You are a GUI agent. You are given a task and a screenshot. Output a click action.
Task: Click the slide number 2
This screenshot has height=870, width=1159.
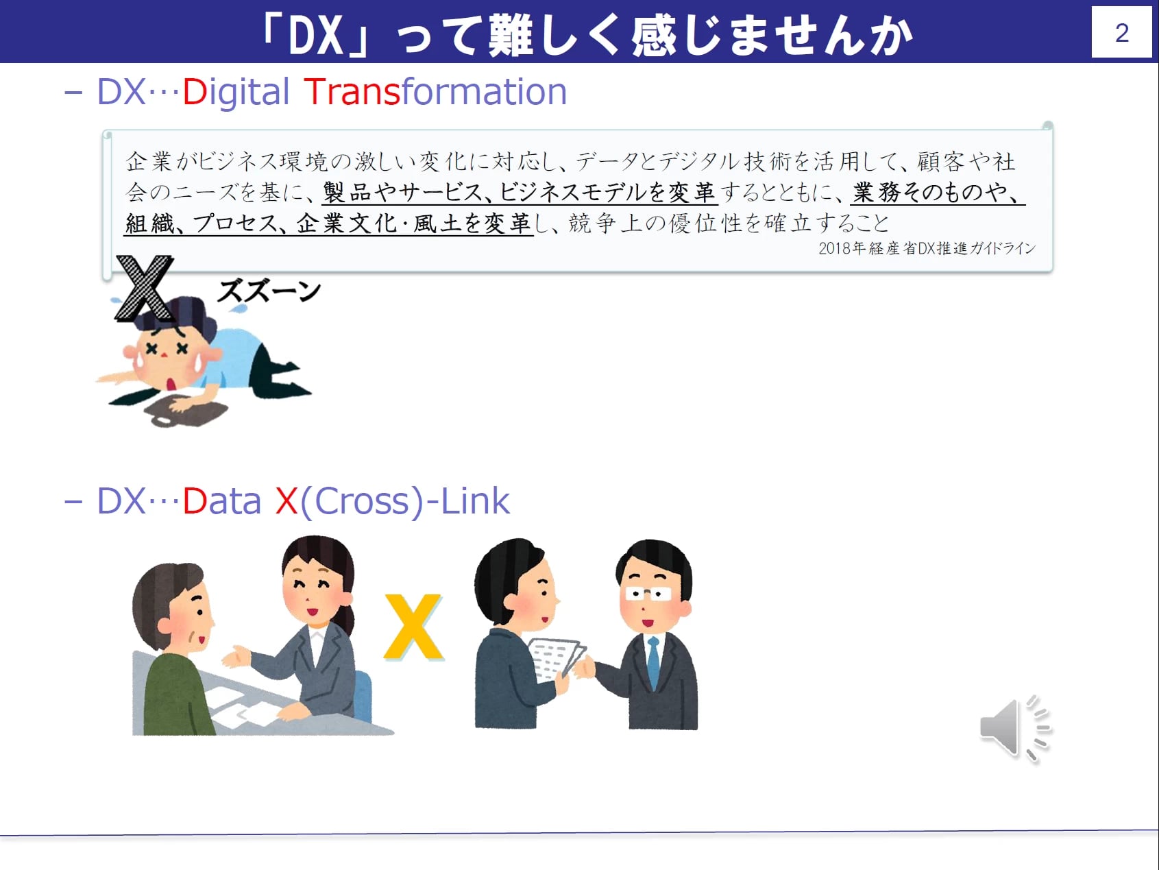[x=1121, y=33]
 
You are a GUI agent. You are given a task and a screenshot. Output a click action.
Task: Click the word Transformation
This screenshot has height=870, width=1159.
[x=435, y=92]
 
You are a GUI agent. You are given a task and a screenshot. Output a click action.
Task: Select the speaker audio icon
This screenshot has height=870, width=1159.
[x=1016, y=729]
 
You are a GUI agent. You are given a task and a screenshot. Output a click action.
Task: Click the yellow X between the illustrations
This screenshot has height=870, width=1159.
[x=413, y=627]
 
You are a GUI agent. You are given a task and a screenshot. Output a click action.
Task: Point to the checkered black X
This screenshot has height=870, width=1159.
[x=145, y=288]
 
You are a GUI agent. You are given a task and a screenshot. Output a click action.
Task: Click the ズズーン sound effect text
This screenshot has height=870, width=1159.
[x=269, y=291]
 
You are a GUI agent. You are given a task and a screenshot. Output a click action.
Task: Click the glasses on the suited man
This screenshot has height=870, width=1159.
[x=648, y=594]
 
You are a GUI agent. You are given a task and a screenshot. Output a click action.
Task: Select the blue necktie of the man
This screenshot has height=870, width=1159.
[x=653, y=662]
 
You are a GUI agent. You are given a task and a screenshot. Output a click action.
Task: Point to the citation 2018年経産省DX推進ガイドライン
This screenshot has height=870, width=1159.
[x=927, y=248]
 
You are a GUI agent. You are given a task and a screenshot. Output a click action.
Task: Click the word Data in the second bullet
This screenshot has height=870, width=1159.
[x=221, y=501]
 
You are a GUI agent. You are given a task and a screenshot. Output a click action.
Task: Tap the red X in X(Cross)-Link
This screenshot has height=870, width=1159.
[x=286, y=501]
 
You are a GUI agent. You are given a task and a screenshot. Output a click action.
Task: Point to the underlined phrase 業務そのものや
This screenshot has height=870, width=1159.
[x=936, y=192]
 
